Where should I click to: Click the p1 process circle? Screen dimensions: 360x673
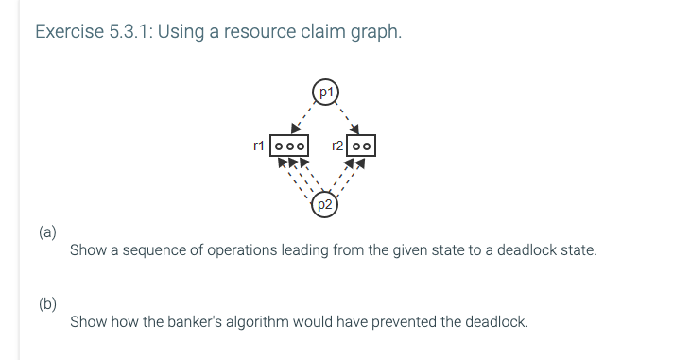[325, 92]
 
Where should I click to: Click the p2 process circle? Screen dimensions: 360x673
[324, 204]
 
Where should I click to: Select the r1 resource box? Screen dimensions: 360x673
[289, 146]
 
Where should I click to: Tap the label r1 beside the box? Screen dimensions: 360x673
[258, 146]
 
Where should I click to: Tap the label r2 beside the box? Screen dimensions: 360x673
[336, 146]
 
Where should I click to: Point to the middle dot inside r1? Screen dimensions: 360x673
[289, 147]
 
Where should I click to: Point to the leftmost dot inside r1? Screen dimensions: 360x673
[279, 147]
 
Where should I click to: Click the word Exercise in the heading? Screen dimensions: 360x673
[66, 32]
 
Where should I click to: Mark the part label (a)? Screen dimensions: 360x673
[47, 231]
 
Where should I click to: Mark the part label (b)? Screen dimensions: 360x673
[47, 303]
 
